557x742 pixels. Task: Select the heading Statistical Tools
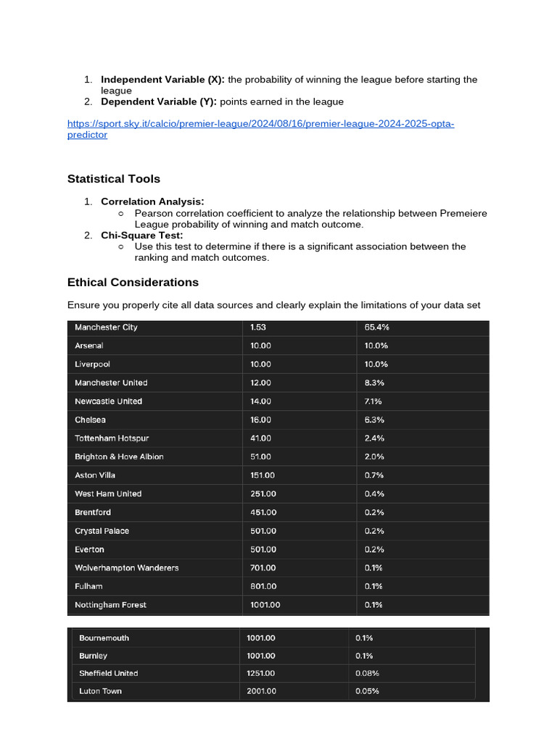click(x=114, y=179)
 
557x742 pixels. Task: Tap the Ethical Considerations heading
click(x=133, y=282)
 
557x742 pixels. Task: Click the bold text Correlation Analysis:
click(x=152, y=201)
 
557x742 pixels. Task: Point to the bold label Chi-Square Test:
click(x=142, y=235)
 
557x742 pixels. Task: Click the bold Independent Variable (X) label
click(x=162, y=80)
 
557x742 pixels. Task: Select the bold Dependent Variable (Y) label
click(x=159, y=101)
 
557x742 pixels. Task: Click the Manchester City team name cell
click(x=106, y=328)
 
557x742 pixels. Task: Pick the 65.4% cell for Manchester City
click(x=377, y=328)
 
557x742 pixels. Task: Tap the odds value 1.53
click(x=259, y=328)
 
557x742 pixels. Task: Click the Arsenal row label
click(x=89, y=346)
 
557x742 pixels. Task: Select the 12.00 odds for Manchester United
click(x=260, y=383)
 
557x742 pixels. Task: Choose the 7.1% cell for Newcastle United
click(x=374, y=401)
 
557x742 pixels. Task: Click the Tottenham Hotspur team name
click(x=112, y=438)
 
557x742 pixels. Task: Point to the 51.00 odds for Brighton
click(x=260, y=457)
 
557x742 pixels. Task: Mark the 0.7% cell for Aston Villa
click(x=374, y=475)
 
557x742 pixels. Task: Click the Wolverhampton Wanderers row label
click(x=126, y=568)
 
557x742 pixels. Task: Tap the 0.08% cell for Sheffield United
click(x=367, y=673)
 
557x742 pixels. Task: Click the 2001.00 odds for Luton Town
click(x=261, y=691)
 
